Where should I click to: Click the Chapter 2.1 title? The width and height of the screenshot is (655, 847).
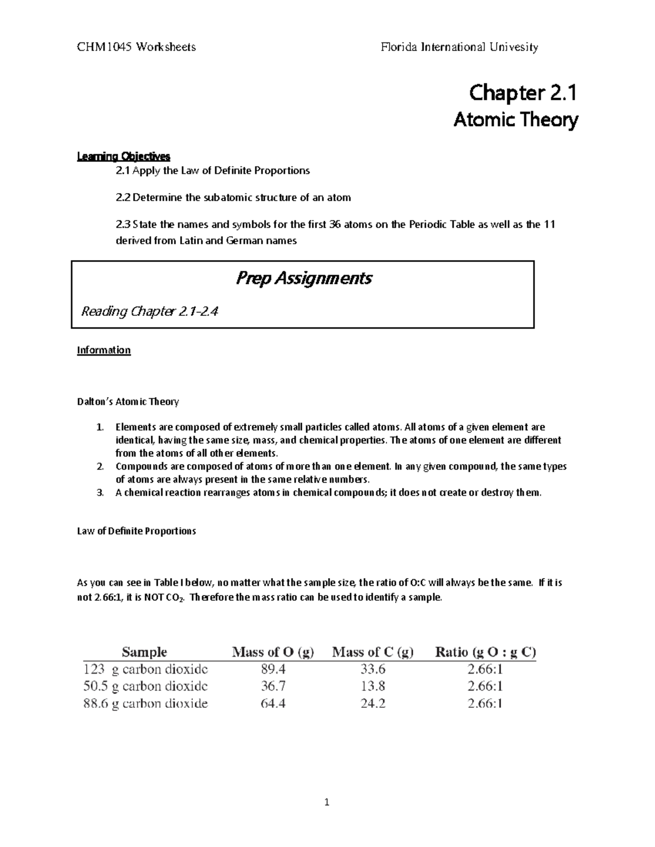click(x=522, y=93)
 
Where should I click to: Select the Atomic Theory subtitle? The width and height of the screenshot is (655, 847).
click(x=515, y=119)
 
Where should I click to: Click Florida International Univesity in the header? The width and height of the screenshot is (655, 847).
click(x=459, y=47)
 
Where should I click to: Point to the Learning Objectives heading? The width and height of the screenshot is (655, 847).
click(x=123, y=157)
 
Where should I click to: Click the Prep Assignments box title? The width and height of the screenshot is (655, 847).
click(x=303, y=278)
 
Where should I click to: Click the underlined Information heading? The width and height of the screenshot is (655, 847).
click(x=104, y=350)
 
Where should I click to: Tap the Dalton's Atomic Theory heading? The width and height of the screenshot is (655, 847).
click(x=128, y=402)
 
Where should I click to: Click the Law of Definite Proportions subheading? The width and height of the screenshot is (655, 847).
click(x=136, y=531)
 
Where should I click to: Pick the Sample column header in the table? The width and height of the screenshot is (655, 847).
click(x=144, y=652)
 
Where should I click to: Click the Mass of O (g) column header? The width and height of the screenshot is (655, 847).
click(x=273, y=652)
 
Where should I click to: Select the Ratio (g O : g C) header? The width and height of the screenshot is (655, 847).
click(x=485, y=652)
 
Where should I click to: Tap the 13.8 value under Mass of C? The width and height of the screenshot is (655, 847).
click(x=373, y=686)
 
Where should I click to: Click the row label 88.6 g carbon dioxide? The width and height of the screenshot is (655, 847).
click(x=145, y=704)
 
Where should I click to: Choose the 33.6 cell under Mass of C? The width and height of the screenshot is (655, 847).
click(x=373, y=669)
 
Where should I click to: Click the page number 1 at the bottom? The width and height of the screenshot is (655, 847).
click(x=327, y=802)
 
